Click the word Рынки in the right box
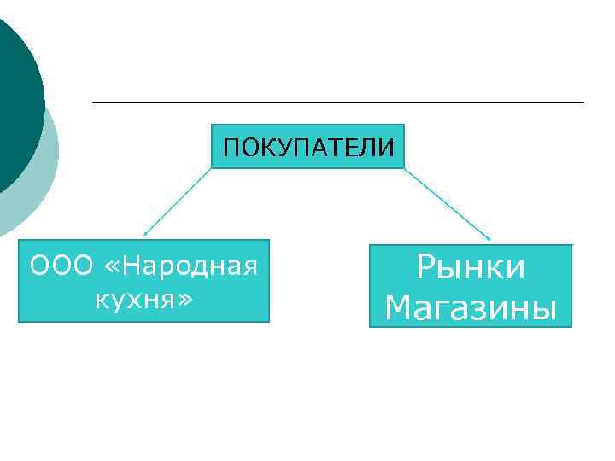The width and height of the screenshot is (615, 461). [x=471, y=268]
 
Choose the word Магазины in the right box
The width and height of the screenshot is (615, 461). [x=471, y=307]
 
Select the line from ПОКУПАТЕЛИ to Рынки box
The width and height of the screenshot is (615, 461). [x=447, y=203]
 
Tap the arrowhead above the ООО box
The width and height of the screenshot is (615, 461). [x=146, y=232]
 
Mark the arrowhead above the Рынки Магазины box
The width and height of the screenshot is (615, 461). [x=489, y=238]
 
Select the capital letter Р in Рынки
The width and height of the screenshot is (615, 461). [x=425, y=268]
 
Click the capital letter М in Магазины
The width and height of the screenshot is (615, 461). [x=398, y=307]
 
